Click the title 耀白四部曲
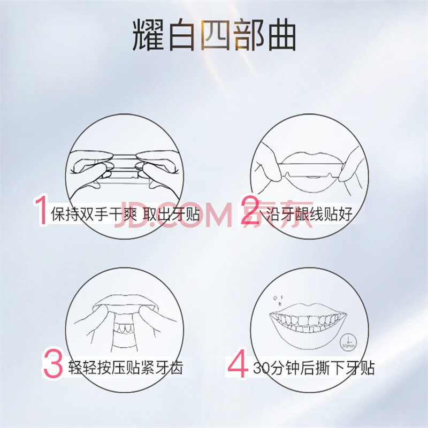[x=215, y=35]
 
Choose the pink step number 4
[x=238, y=364]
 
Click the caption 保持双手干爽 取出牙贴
[x=125, y=213]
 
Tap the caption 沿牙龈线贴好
[x=309, y=213]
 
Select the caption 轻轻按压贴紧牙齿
[x=125, y=368]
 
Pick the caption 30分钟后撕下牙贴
[x=314, y=368]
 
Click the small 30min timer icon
[x=348, y=342]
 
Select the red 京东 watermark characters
[x=278, y=215]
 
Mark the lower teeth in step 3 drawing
[x=125, y=328]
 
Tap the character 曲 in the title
[x=282, y=35]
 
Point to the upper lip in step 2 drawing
[x=310, y=157]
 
